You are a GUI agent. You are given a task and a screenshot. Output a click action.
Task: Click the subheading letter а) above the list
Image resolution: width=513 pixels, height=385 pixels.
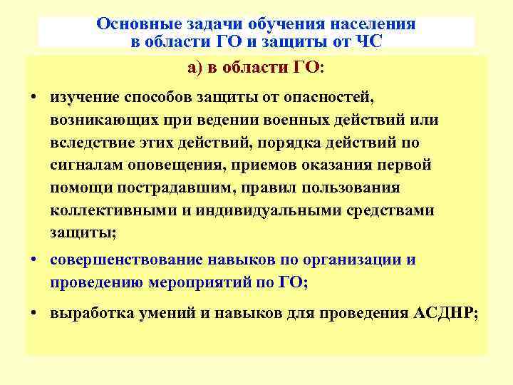(x=195, y=68)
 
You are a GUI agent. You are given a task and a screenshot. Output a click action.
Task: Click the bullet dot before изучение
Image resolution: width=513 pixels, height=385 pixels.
(x=34, y=96)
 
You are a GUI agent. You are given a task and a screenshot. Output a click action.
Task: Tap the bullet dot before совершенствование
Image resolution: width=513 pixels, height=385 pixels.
(x=34, y=260)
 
